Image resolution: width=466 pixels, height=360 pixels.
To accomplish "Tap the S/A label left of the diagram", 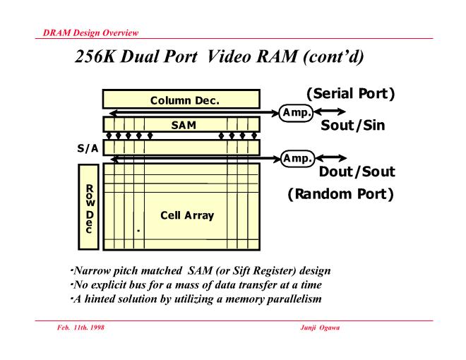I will point(87,149).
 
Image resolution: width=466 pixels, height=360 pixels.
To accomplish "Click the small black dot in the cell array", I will point(138,231).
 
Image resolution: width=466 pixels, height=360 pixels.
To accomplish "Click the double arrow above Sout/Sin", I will point(332,112).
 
